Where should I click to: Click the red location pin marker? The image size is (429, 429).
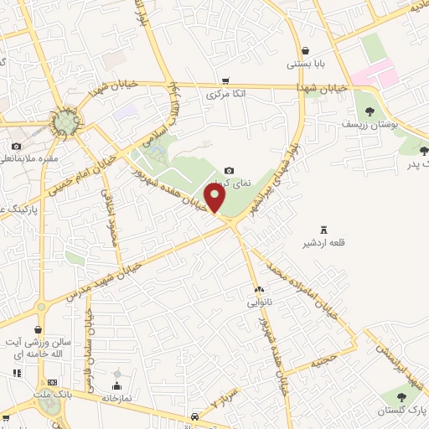(x=216, y=198)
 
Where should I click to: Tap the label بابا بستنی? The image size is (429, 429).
(x=304, y=64)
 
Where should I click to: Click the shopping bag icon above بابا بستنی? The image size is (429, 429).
(x=304, y=49)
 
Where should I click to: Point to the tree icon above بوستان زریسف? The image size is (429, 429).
(x=369, y=110)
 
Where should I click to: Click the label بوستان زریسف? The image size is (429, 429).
(x=370, y=124)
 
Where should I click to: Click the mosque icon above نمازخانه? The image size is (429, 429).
(x=116, y=374)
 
